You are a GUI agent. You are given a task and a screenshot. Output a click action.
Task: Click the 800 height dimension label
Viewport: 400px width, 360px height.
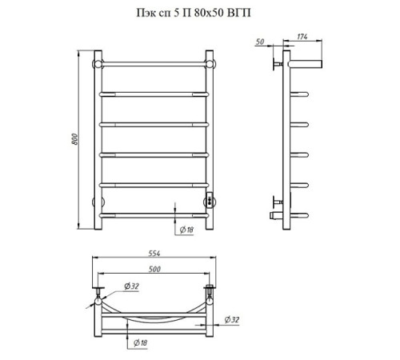[x=75, y=139]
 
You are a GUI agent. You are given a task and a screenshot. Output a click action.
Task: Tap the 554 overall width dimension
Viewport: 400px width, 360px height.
[x=154, y=254]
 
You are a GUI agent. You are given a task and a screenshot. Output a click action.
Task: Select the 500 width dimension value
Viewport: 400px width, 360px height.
[x=154, y=269]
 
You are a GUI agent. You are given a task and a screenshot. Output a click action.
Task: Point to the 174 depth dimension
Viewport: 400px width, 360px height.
[x=302, y=37]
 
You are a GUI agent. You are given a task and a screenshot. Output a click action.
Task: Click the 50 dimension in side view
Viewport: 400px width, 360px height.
[x=260, y=42]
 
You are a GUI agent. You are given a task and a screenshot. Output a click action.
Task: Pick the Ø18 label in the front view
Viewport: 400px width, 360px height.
[x=186, y=230]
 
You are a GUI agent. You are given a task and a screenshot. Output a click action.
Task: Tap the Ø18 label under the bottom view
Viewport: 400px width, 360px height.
[x=140, y=342]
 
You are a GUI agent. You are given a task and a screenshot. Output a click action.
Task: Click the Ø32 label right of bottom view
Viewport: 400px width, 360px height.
[x=232, y=319]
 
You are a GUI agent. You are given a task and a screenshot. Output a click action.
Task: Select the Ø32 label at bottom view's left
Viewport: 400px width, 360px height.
[x=131, y=286]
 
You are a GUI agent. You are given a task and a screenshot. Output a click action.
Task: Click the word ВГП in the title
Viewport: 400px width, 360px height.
[x=239, y=13]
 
